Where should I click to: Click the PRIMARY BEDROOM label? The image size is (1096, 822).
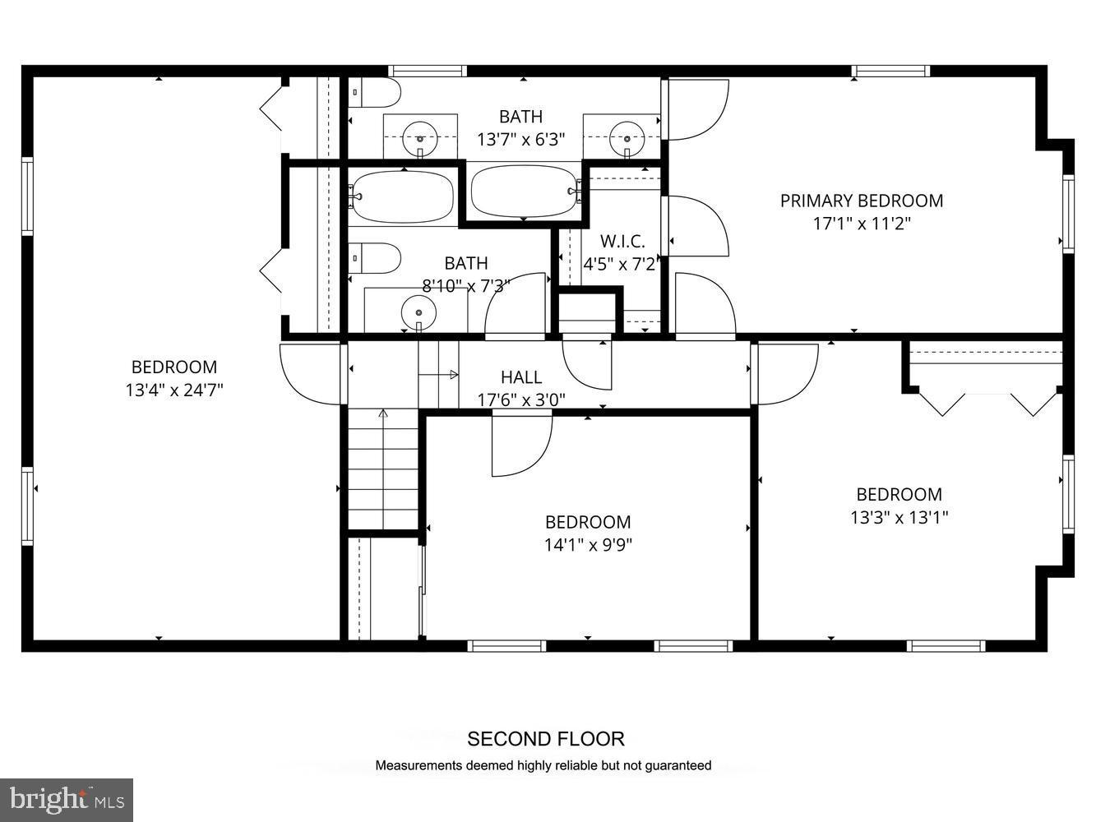pos(861,201)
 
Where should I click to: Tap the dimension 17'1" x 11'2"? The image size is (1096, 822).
pos(861,224)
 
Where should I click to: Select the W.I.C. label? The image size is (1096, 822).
pos(622,242)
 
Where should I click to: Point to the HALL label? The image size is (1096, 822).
pos(521,377)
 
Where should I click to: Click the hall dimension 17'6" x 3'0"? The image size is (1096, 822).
pos(521,400)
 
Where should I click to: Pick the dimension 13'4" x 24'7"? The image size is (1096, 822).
pos(174,390)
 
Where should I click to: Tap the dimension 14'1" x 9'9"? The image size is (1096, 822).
pos(588,544)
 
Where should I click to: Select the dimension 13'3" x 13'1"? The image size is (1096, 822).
pos(899,517)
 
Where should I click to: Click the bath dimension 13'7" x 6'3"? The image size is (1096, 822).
pos(520,140)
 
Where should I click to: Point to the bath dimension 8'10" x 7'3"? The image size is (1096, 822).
pos(465,286)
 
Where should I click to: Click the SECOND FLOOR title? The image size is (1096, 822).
pos(546,739)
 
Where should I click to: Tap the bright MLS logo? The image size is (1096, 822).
pos(67,799)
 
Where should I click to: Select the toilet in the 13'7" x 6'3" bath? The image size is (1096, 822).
pos(374,93)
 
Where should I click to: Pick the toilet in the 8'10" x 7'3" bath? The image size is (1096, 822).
pos(374,257)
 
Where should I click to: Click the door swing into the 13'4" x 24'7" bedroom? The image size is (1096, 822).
pos(311,372)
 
